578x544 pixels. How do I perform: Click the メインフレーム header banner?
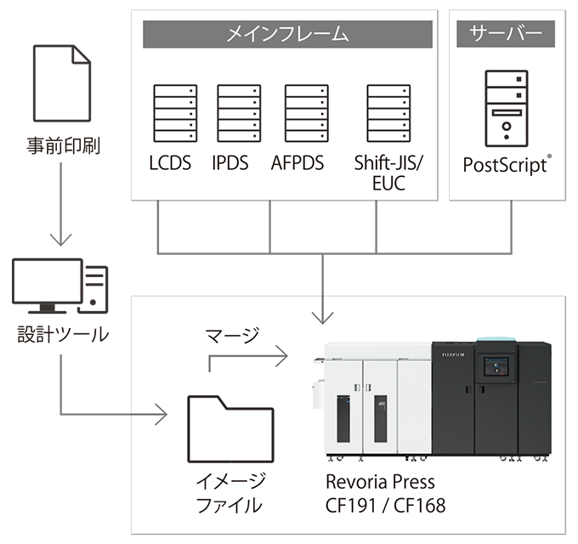point(287,35)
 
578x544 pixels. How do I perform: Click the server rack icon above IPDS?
point(238,112)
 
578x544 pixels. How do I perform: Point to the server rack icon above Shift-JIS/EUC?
point(388,112)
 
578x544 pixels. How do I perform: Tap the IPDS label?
point(230,163)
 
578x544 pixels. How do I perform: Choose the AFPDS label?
point(297,163)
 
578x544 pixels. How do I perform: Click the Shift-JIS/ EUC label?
point(388,173)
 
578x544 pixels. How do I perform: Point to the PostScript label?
point(504,164)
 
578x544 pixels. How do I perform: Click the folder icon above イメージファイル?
point(229,430)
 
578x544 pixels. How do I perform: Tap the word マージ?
point(231,337)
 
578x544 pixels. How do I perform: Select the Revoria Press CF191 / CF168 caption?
point(385,493)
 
